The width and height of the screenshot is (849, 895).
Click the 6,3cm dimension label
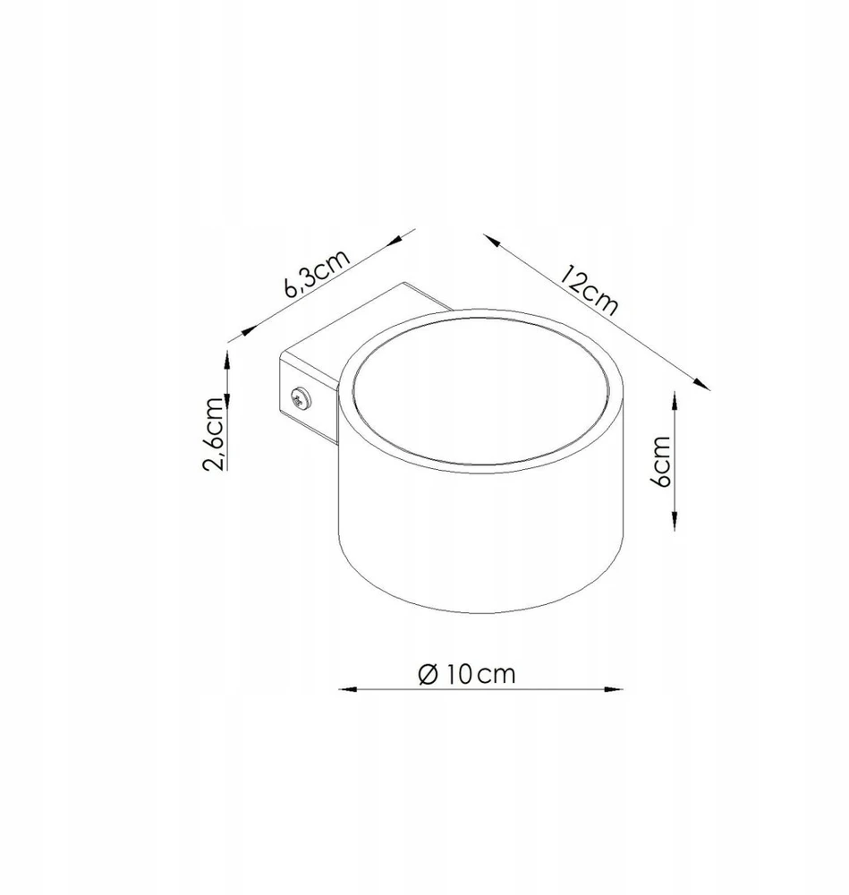coord(316,273)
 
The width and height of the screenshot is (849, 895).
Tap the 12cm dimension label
coord(589,289)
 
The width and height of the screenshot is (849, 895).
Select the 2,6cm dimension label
coord(214,433)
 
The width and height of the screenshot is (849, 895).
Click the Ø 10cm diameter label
coord(467,674)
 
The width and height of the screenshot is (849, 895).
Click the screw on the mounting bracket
coord(300,398)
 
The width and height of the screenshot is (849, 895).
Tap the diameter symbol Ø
coord(428,674)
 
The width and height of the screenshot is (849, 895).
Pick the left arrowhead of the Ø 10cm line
coord(347,689)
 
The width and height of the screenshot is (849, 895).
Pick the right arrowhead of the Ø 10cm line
coord(614,689)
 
